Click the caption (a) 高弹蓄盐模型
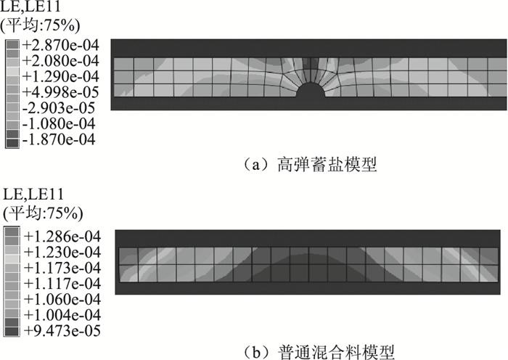[313, 165]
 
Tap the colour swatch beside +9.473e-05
[13, 331]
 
